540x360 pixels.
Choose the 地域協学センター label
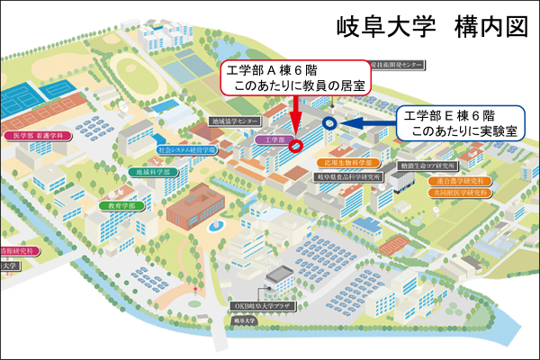click(x=236, y=121)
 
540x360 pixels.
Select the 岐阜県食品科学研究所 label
click(x=350, y=178)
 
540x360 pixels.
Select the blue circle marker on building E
click(x=328, y=122)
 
